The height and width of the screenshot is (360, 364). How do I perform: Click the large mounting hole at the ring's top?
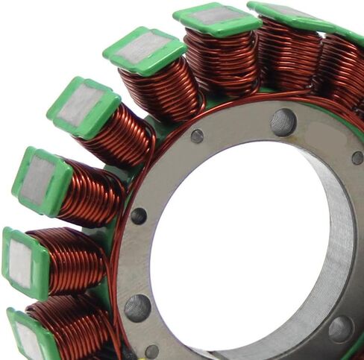click(x=283, y=121)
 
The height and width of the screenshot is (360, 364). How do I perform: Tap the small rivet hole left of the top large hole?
click(x=197, y=136)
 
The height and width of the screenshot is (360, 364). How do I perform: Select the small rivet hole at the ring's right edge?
click(x=357, y=157)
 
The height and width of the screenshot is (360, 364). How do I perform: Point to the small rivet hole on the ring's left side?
click(x=139, y=216)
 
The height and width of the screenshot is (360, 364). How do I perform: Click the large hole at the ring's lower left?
click(x=137, y=306)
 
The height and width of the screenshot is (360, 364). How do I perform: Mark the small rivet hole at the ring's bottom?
click(x=152, y=351)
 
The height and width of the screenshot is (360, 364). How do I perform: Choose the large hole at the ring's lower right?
click(x=340, y=328)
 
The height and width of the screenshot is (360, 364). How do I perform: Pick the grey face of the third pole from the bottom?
click(x=38, y=180)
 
